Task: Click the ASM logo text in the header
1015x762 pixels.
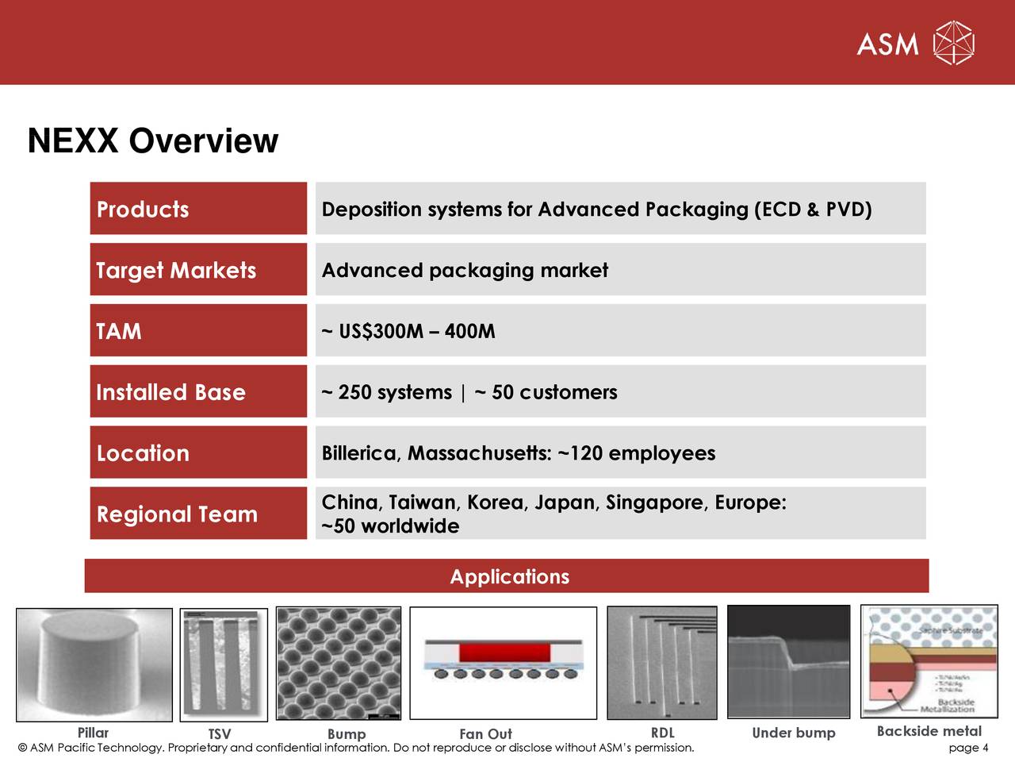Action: coord(887,44)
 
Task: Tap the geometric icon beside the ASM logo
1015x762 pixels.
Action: coord(954,43)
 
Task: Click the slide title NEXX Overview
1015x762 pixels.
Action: coord(153,141)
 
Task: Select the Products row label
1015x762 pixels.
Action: coord(143,210)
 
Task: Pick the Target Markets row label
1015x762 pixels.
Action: coord(176,271)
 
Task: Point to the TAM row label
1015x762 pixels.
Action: coord(119,331)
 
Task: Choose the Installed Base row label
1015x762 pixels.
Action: coord(170,392)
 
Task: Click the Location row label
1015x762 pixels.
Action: coord(143,453)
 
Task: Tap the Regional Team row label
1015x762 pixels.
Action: coord(177,514)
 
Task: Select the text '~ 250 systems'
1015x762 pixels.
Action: coord(387,392)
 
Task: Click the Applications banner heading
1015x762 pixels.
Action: coord(509,576)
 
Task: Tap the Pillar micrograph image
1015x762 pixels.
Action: coord(94,664)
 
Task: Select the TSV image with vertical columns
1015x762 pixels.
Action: coord(224,664)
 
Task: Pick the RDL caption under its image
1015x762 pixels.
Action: coord(662,733)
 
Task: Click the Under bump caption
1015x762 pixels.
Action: coord(793,733)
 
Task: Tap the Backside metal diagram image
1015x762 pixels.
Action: coord(929,663)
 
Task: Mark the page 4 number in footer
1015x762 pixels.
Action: coord(968,748)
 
